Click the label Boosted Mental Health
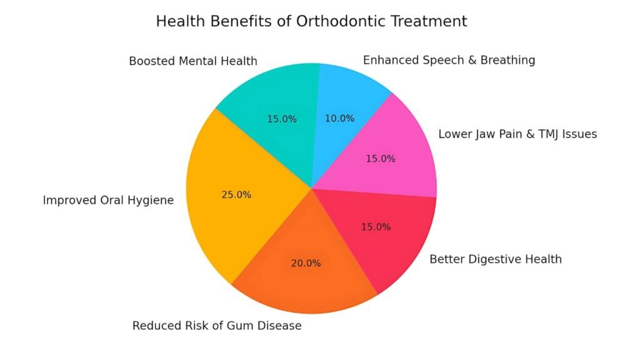193,61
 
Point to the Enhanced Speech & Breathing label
449,60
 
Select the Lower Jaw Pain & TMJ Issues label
517,134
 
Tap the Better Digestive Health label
496,259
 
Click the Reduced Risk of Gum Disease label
217,326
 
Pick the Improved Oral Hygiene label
108,201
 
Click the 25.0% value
236,194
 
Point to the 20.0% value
306,263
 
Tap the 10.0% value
339,118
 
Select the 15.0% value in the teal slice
282,119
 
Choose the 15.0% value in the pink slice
381,159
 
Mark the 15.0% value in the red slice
376,227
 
